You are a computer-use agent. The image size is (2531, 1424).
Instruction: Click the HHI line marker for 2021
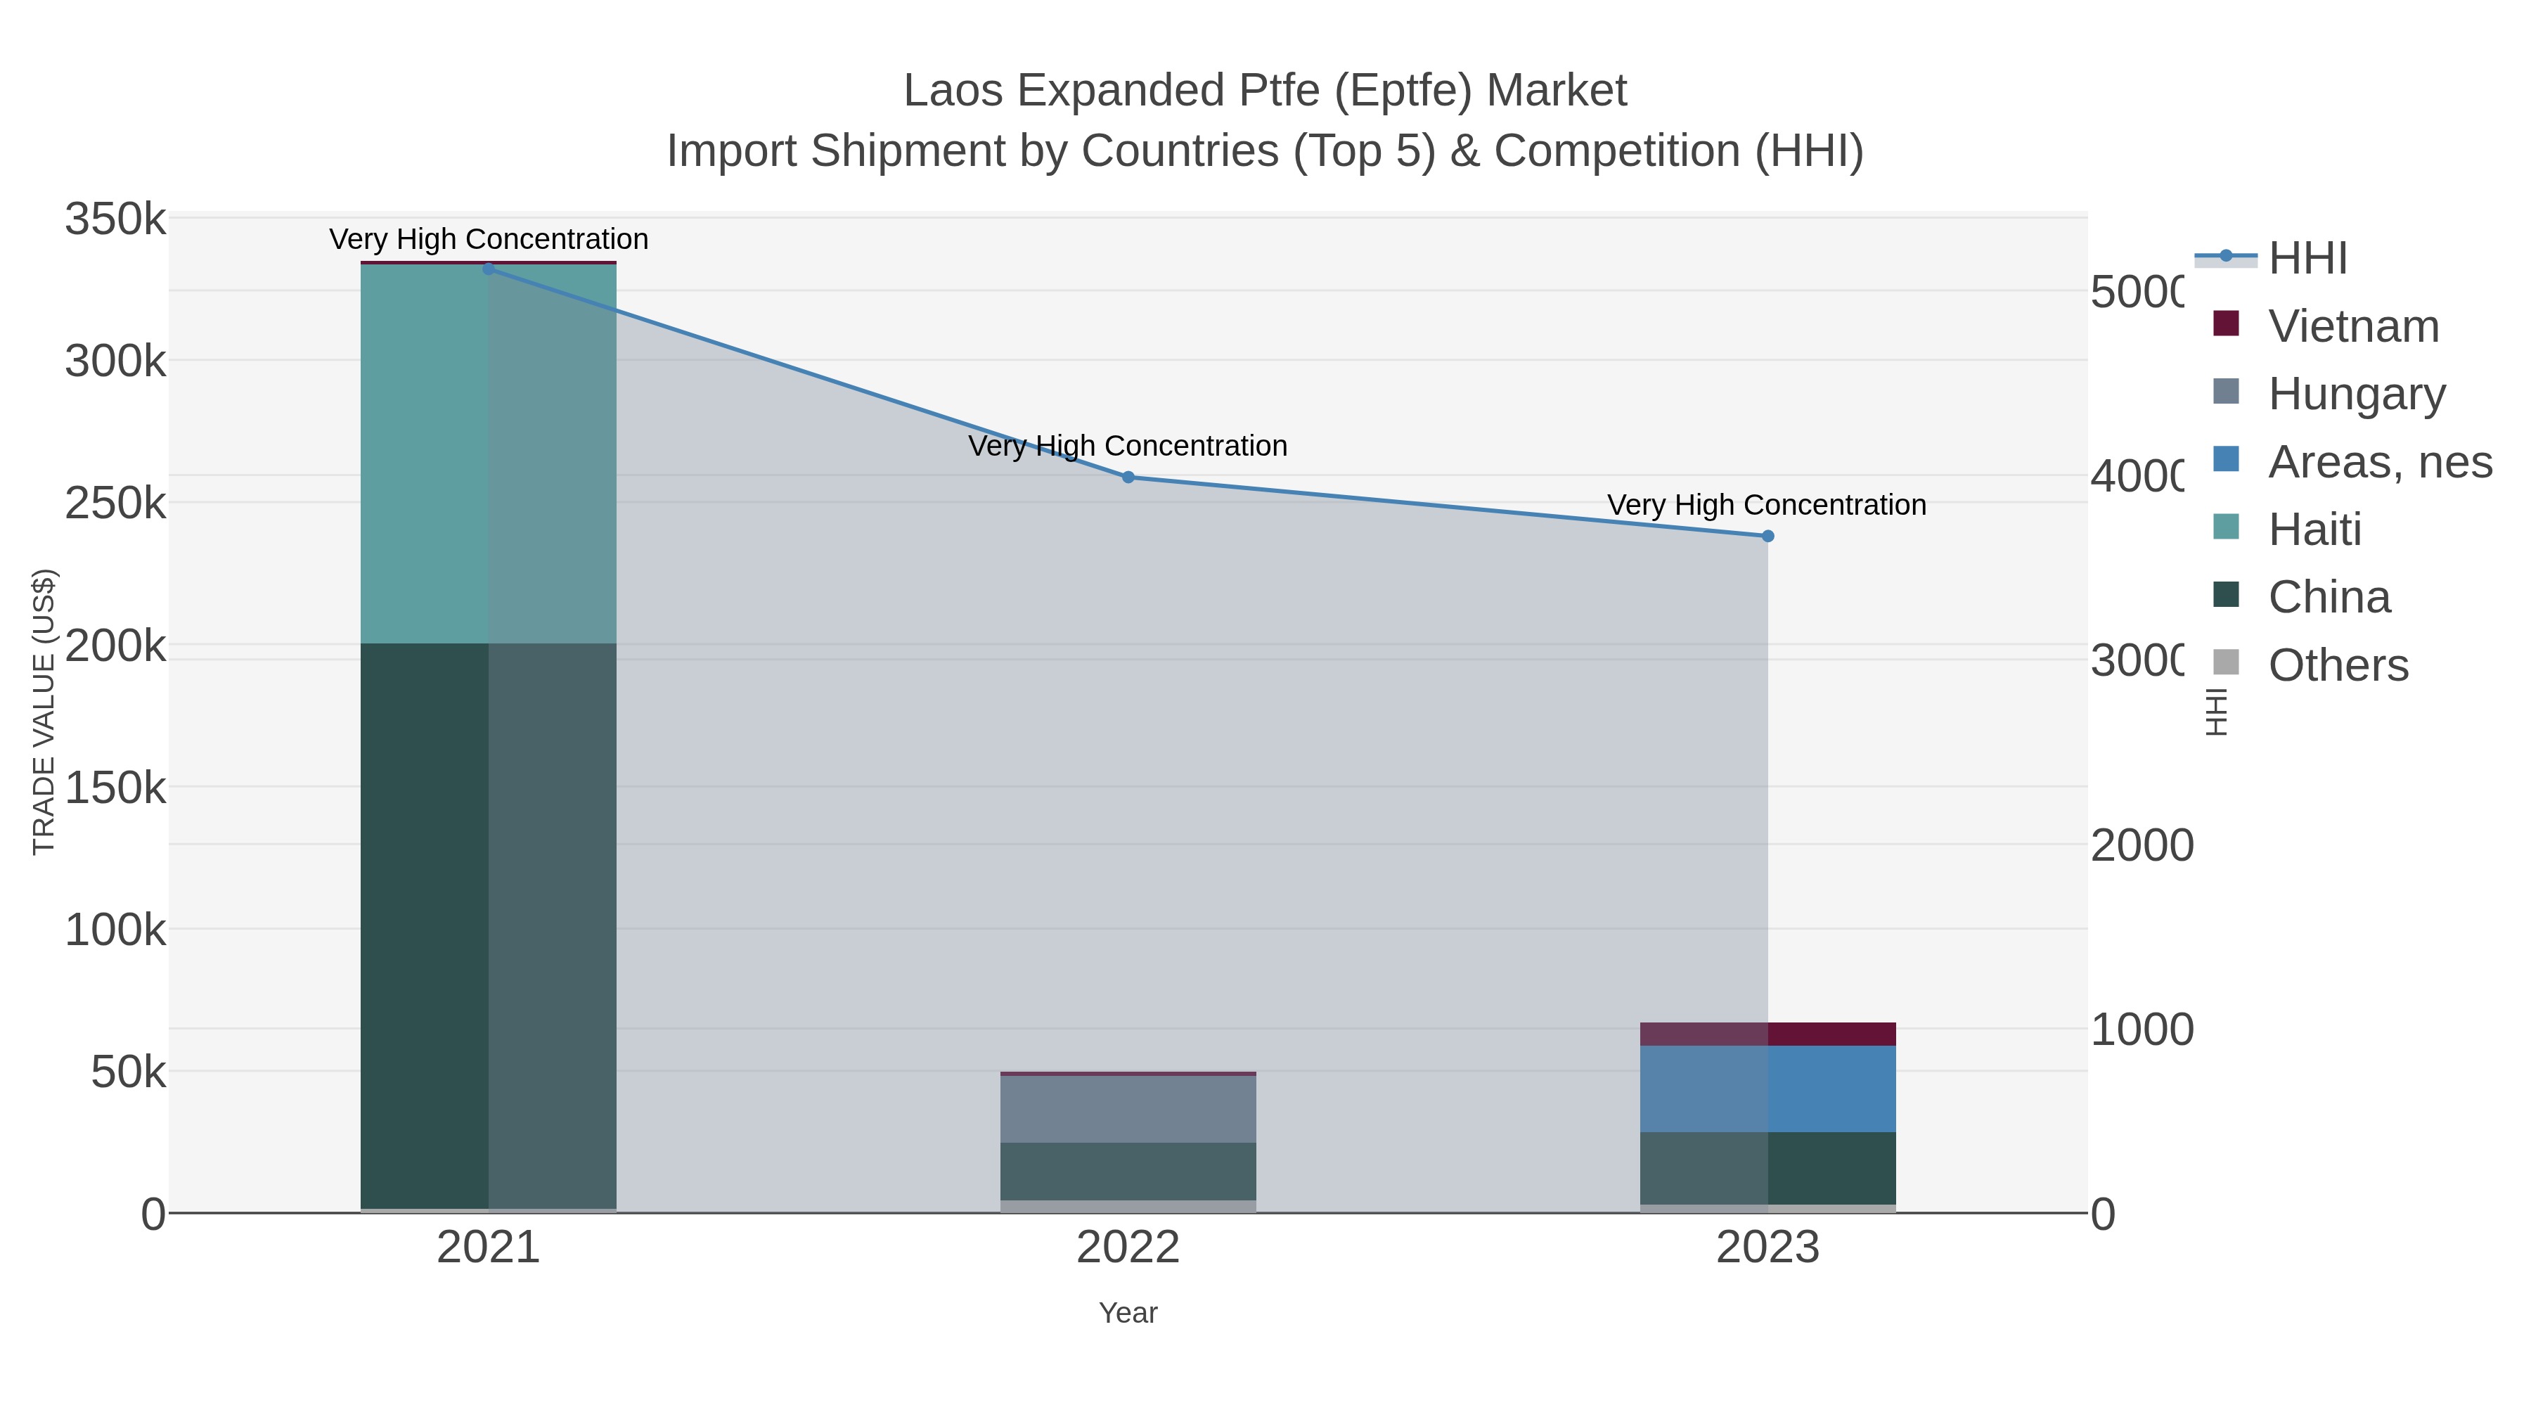489,269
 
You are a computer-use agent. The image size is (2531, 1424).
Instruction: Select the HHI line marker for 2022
1128,477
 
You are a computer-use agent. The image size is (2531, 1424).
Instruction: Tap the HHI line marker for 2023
1767,537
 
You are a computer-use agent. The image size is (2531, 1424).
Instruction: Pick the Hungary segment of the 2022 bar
1128,1108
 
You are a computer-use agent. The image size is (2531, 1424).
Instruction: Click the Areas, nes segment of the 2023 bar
1767,1089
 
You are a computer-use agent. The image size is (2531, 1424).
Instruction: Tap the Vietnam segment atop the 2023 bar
1767,1034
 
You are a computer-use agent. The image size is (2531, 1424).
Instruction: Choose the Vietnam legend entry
2353,326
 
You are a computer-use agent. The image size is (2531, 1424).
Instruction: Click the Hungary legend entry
2356,393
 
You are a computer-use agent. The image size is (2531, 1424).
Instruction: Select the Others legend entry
2338,665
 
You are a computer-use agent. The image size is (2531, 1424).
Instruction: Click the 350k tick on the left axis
115,219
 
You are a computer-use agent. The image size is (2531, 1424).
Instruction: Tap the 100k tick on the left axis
115,930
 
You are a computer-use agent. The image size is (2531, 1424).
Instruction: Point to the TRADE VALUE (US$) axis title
44,712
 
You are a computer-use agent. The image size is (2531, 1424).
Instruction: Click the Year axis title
1128,1313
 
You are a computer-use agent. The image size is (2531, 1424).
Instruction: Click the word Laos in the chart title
954,91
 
